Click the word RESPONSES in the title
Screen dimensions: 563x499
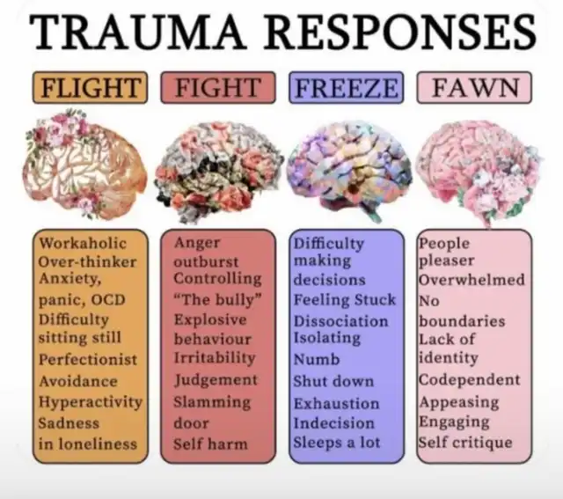coord(400,32)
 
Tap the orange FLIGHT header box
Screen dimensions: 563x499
coord(90,88)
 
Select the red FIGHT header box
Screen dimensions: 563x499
coord(218,88)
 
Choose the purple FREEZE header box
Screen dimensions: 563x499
coord(346,88)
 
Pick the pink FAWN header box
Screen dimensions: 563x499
coord(474,88)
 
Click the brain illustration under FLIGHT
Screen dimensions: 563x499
coord(84,165)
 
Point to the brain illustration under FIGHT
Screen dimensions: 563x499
coord(219,172)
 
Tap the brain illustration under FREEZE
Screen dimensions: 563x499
coord(349,171)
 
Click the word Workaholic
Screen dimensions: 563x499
coord(83,243)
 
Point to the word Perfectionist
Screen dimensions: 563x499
coord(88,360)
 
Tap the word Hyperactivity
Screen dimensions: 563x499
coord(91,402)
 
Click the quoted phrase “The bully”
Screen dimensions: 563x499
coord(217,299)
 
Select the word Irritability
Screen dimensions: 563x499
coord(215,358)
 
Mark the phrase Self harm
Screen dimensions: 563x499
coord(211,444)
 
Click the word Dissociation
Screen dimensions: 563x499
coord(341,321)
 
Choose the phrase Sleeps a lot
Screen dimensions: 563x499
coord(337,443)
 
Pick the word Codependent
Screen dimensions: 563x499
coord(470,379)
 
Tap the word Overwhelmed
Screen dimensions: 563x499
coord(472,280)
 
